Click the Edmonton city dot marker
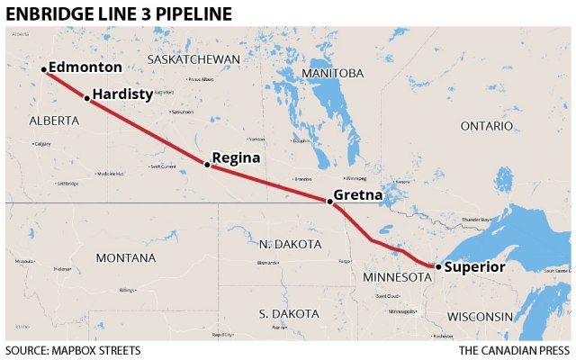point(43,69)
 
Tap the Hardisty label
point(122,94)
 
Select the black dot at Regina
point(207,165)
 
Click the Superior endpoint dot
point(437,266)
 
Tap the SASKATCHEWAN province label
point(193,59)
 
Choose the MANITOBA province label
point(333,72)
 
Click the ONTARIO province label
point(487,126)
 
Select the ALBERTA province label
point(54,120)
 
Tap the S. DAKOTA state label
point(288,313)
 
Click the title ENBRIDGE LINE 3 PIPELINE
point(118,13)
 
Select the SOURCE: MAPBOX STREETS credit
point(73,349)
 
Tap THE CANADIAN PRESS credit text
point(514,349)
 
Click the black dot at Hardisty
point(86,98)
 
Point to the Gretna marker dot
point(329,202)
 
